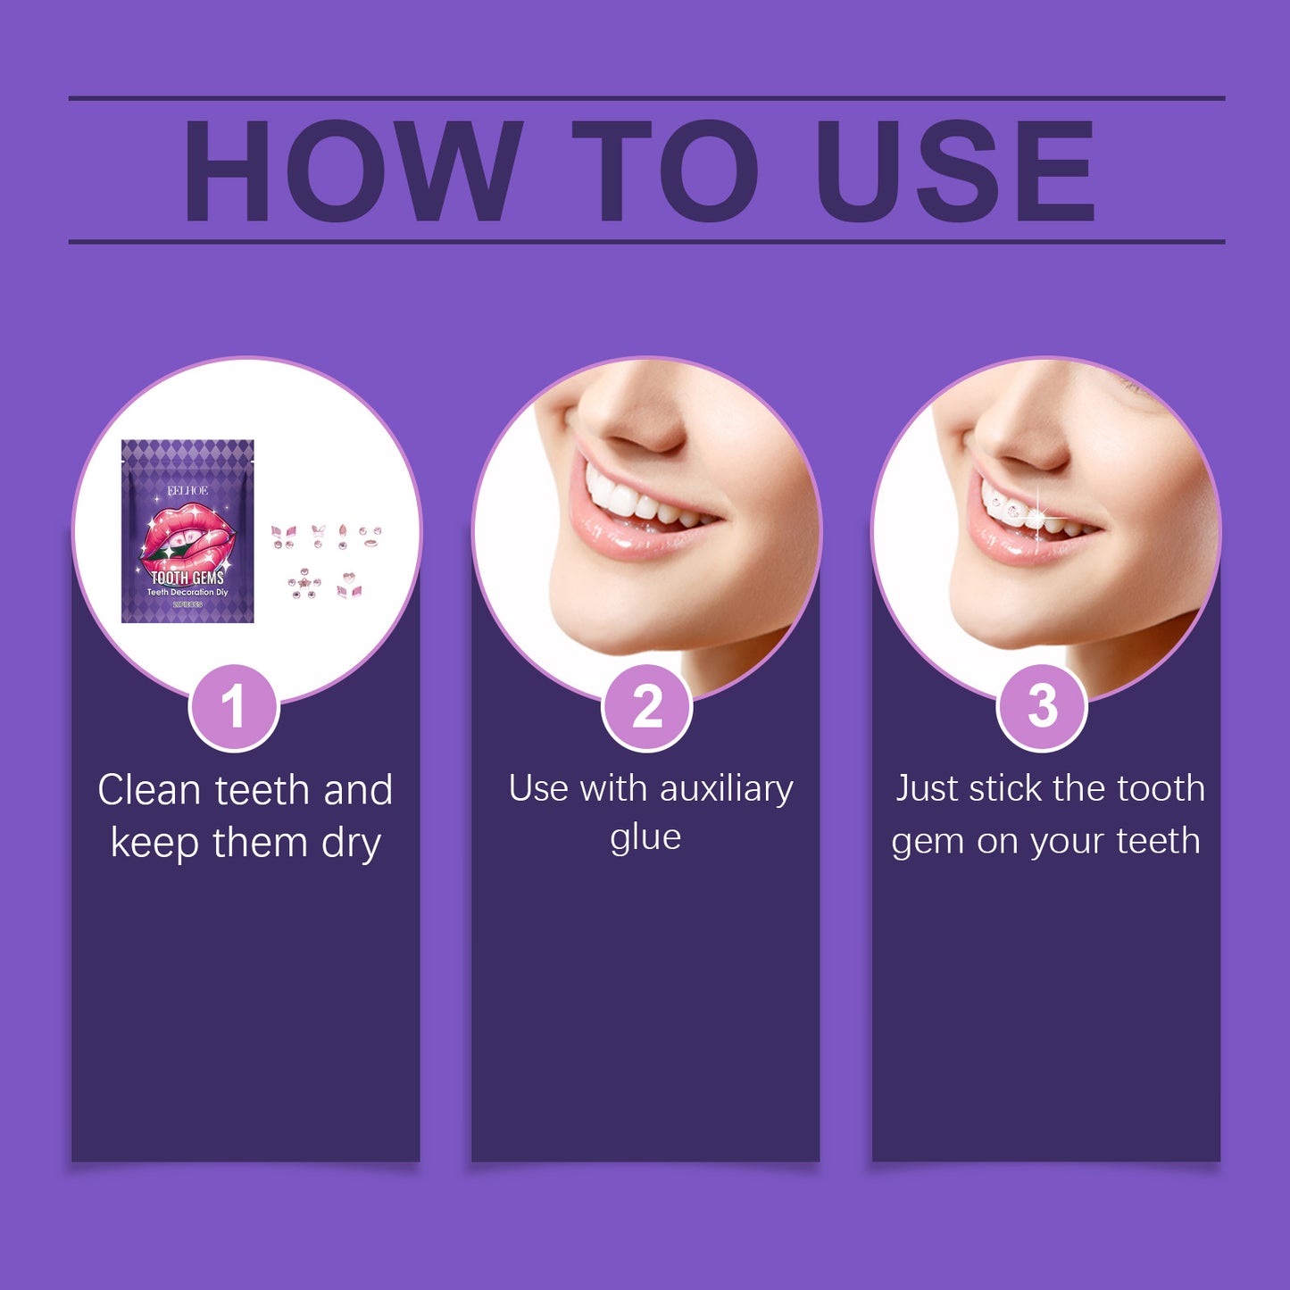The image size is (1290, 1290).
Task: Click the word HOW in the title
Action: click(353, 171)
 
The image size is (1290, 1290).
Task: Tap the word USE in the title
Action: click(954, 171)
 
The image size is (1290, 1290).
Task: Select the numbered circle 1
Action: click(234, 707)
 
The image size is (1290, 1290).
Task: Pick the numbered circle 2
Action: click(646, 707)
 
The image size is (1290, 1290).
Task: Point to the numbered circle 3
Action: click(1041, 707)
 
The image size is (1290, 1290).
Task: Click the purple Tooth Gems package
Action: click(187, 530)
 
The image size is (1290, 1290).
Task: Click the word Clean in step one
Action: click(149, 790)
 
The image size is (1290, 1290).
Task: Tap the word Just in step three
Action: click(924, 788)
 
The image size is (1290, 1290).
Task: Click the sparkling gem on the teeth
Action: click(1037, 515)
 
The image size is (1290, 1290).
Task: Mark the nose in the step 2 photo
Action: click(638, 420)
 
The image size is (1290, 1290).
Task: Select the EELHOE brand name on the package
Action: click(187, 491)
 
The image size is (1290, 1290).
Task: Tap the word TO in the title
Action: click(665, 171)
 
